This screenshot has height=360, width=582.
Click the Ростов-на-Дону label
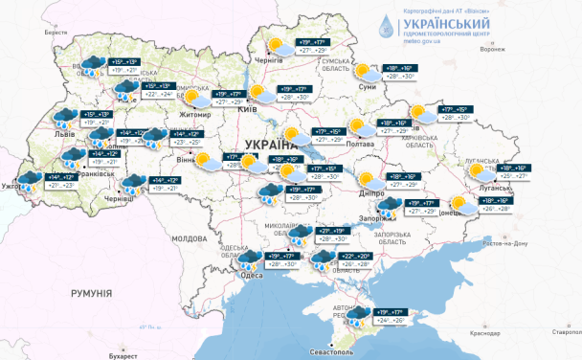pos(511,243)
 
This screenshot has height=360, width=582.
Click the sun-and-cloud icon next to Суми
pos(364,71)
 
